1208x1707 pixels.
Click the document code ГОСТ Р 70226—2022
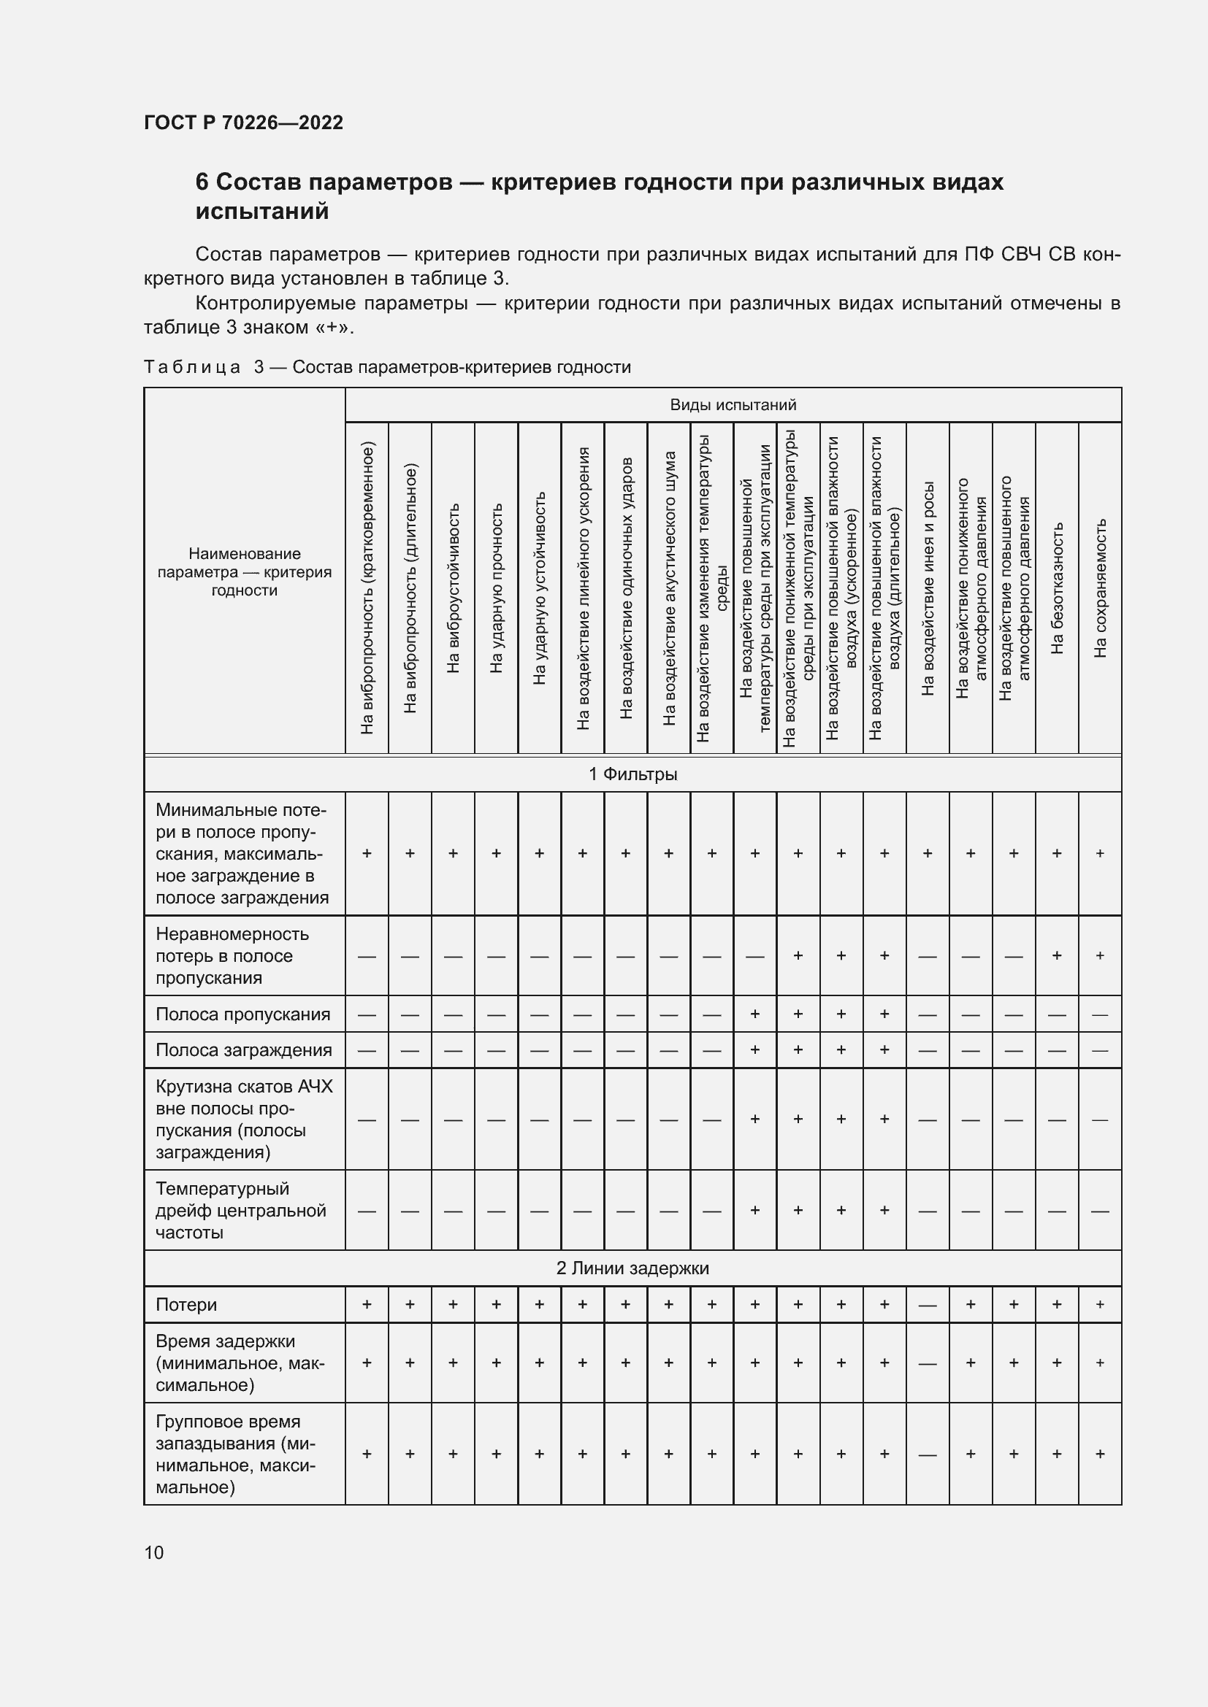(243, 123)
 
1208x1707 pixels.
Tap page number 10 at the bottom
(154, 1552)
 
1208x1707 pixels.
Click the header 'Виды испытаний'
(733, 404)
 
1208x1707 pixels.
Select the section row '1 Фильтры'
(632, 774)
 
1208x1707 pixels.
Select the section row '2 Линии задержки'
(632, 1268)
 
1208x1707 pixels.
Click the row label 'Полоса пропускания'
(242, 1014)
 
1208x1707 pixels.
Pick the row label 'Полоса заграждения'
(242, 1049)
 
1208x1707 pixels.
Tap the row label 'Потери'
(186, 1305)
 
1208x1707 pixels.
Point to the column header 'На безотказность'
(1057, 587)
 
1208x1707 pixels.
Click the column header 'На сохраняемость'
(1100, 587)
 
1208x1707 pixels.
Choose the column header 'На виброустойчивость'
(453, 587)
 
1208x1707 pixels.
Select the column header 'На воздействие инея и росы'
(928, 587)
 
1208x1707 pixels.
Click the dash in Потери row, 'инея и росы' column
(928, 1306)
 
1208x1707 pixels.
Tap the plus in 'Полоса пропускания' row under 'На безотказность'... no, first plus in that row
(755, 1014)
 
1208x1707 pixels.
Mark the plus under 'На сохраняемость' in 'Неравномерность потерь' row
(1100, 955)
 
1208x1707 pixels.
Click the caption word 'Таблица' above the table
(192, 367)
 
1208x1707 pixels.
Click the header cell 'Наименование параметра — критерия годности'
(244, 571)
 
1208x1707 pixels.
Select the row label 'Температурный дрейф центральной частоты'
(240, 1210)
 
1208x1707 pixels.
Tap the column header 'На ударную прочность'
(496, 587)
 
